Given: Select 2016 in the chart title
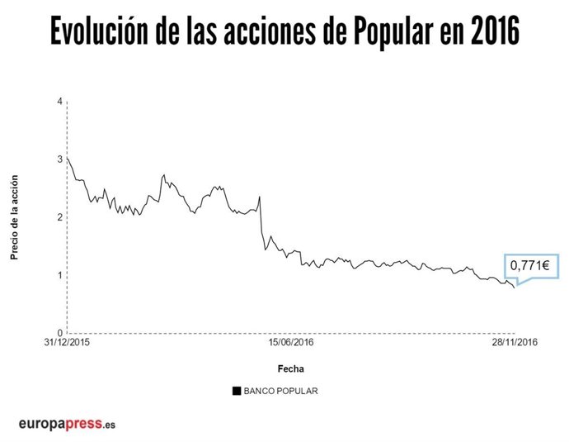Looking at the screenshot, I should pos(491,34).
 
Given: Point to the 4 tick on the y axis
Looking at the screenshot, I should pos(59,101).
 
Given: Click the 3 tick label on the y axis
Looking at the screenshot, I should pos(59,159).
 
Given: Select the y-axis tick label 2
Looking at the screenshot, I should pos(59,216).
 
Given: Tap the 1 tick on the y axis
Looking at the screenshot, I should pos(59,275).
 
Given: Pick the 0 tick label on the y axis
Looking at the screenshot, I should pos(59,333).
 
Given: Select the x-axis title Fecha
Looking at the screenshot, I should pos(290,368).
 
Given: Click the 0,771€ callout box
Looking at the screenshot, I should pos(532,266).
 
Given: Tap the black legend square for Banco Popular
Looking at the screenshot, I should pos(237,391).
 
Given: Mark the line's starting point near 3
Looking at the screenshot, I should pos(67,157).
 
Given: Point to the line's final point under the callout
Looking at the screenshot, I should pos(515,288).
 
